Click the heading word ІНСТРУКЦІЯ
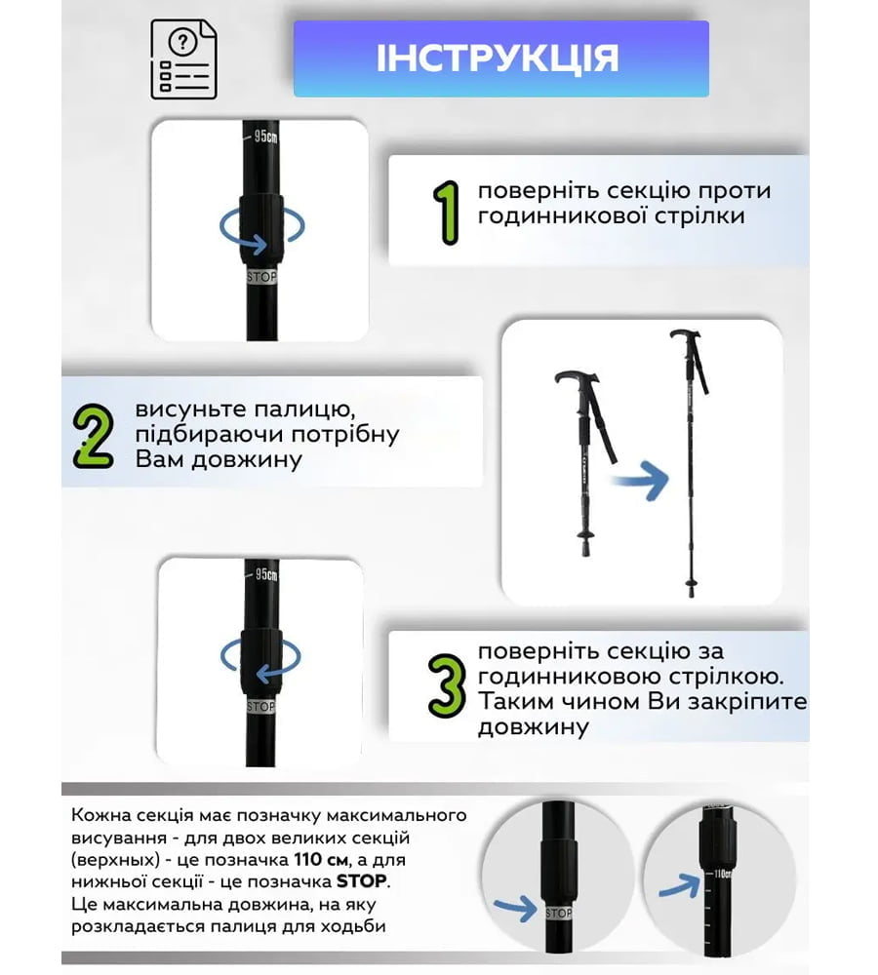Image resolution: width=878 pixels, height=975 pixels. tap(498, 58)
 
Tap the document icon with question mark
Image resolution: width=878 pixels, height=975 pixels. tap(183, 59)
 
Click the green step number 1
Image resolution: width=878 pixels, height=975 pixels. tap(448, 213)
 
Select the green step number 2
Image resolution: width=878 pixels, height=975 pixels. tap(94, 437)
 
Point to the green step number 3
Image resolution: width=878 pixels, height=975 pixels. tap(447, 686)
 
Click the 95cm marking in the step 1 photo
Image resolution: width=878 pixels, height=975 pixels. tap(265, 136)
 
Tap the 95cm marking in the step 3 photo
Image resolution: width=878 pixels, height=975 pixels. tap(265, 574)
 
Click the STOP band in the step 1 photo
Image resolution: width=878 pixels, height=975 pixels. tap(261, 277)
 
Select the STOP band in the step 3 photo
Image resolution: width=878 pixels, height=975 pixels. tap(260, 707)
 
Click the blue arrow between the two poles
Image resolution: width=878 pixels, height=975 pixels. tap(640, 481)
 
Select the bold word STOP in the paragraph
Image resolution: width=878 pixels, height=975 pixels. tap(362, 881)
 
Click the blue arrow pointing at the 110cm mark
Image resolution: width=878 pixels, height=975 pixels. tap(680, 885)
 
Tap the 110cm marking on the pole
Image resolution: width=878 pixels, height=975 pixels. tap(722, 874)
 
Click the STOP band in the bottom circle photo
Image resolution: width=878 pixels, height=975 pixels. tap(558, 913)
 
